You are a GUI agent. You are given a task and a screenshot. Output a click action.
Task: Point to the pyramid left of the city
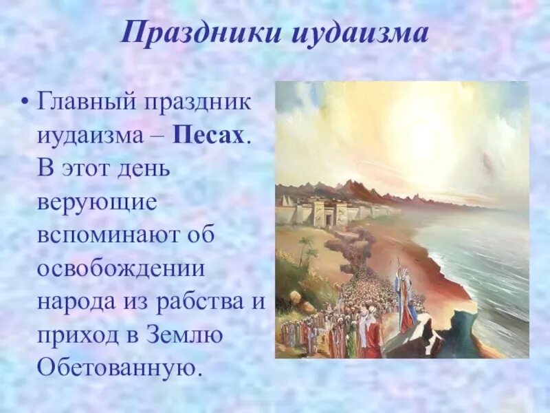coord(284,200)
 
